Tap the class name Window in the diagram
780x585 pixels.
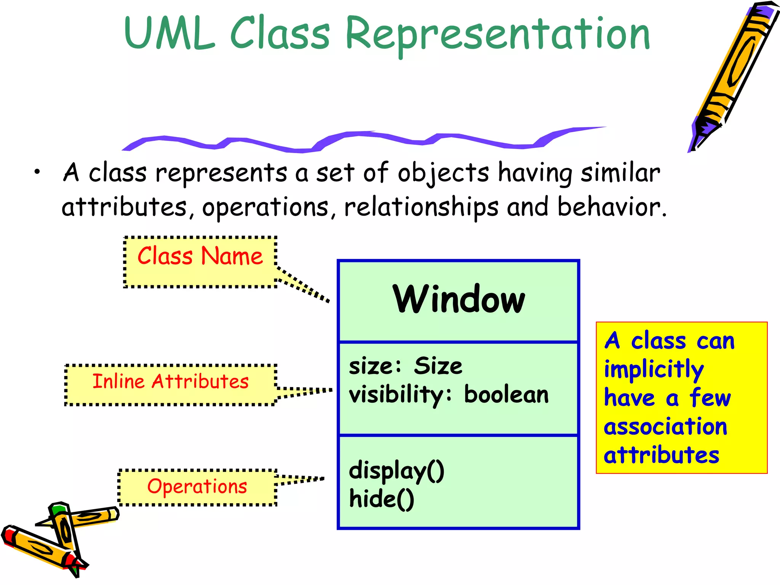[459, 300]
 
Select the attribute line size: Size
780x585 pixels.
[405, 366]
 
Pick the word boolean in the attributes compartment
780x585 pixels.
[506, 395]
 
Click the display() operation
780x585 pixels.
[396, 471]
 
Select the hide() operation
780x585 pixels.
[381, 499]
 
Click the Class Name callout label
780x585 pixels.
[200, 256]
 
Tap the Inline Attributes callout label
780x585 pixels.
[170, 382]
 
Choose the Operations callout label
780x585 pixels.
[197, 486]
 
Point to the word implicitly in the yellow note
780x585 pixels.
[654, 369]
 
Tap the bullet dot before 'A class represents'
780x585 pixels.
[37, 172]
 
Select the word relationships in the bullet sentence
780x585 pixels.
[421, 208]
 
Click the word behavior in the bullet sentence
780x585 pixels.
[611, 208]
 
